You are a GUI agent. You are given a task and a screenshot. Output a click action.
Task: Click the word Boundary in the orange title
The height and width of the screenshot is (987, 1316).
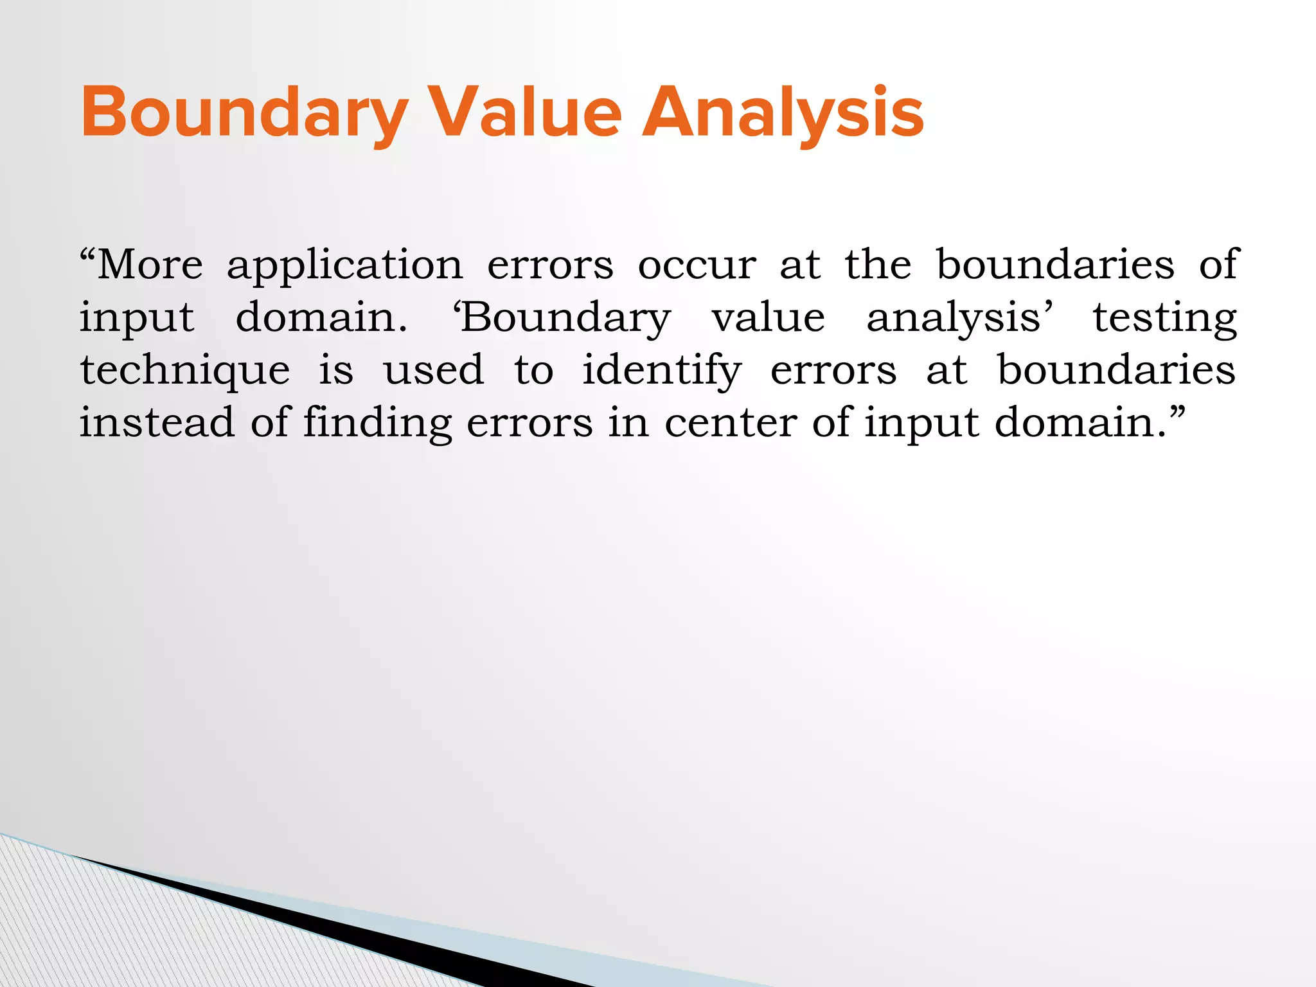tap(244, 113)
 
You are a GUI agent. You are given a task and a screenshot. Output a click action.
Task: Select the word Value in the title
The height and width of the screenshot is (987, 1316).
tap(525, 113)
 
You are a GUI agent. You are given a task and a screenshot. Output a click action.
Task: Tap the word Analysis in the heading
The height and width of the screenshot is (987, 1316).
tap(783, 113)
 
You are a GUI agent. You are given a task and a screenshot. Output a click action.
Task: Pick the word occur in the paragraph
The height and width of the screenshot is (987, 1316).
tap(697, 265)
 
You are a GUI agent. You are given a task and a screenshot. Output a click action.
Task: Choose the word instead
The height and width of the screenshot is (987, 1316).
tap(157, 423)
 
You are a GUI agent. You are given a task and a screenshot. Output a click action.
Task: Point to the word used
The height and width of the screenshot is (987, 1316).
tap(434, 371)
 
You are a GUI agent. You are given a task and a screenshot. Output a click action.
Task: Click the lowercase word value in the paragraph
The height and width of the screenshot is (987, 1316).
tap(768, 318)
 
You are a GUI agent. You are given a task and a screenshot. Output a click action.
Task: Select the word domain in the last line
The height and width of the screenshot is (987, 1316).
tap(1080, 423)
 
